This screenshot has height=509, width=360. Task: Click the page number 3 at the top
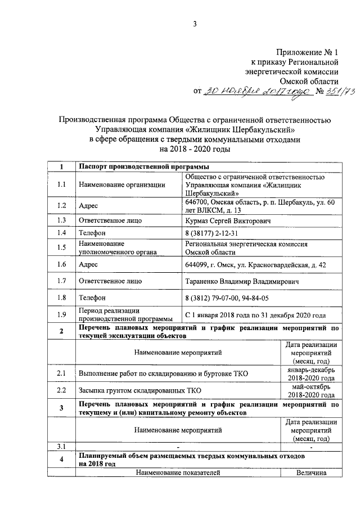(x=195, y=24)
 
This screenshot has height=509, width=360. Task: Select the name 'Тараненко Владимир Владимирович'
(x=241, y=280)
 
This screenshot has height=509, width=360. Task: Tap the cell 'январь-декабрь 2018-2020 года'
(x=311, y=374)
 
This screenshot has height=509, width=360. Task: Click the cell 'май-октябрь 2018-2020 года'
(x=311, y=390)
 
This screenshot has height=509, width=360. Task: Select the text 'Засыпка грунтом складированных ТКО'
(x=140, y=390)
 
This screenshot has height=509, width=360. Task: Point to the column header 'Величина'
(x=311, y=472)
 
